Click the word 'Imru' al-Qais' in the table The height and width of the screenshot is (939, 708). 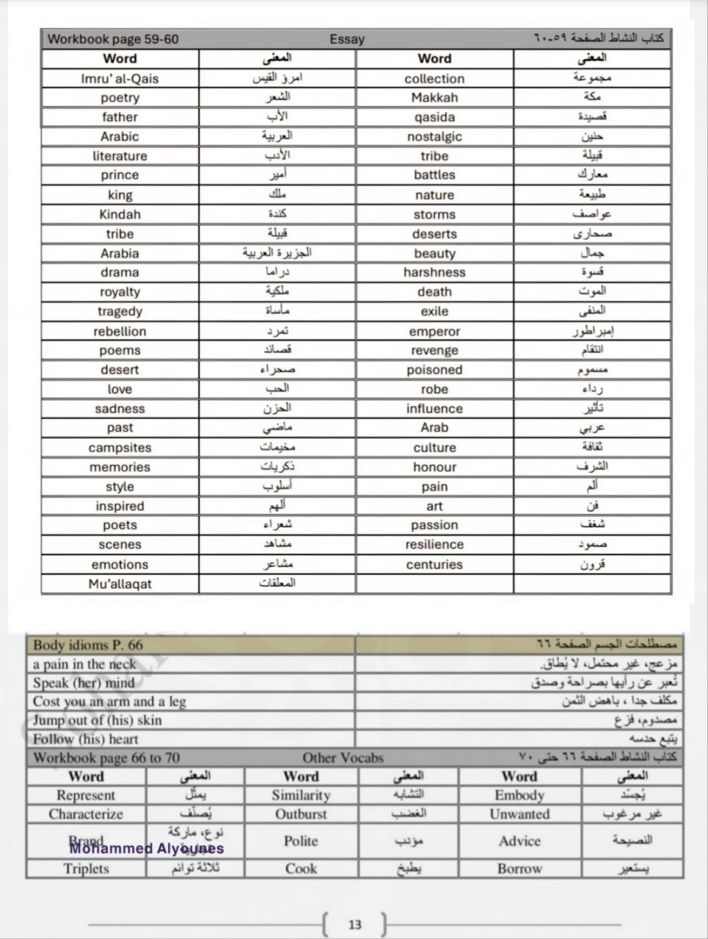(x=120, y=78)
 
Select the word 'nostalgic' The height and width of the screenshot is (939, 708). (x=434, y=136)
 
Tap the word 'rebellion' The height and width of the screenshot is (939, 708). (x=120, y=331)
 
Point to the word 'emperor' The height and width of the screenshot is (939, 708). (x=434, y=331)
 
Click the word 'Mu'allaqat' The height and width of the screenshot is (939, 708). (x=120, y=584)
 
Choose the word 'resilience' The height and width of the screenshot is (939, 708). (x=434, y=544)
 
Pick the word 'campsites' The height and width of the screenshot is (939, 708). (x=120, y=447)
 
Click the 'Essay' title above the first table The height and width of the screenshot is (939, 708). (x=347, y=40)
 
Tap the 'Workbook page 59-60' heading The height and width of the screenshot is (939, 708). (x=113, y=40)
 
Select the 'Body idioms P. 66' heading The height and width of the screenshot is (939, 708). (x=88, y=646)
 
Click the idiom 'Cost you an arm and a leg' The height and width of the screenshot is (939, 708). (x=109, y=701)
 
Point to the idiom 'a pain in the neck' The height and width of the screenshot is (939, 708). (x=84, y=665)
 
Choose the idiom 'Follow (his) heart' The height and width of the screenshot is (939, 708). (x=85, y=739)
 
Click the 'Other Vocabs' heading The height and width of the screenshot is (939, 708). (x=343, y=758)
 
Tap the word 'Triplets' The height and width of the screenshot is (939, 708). (x=86, y=869)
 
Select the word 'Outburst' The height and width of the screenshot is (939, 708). (x=301, y=814)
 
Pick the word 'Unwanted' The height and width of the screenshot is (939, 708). (x=519, y=814)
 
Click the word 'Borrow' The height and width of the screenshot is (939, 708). (x=519, y=869)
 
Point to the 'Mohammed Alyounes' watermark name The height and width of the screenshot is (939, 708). (x=147, y=849)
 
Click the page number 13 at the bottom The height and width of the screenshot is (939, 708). (x=355, y=924)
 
